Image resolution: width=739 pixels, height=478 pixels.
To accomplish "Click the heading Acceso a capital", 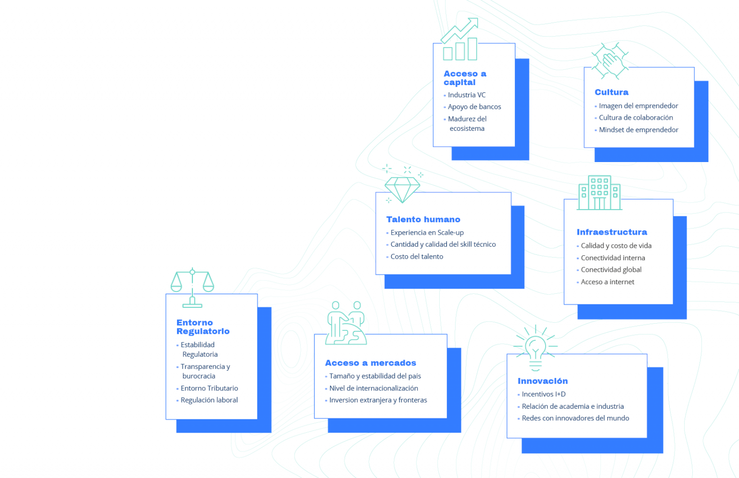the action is [x=465, y=78].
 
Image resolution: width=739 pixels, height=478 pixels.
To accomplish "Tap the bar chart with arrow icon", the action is [x=460, y=39].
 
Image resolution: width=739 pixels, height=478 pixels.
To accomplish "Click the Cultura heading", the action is [x=612, y=92].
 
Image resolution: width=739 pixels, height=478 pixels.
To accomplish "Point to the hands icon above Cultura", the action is [x=610, y=61].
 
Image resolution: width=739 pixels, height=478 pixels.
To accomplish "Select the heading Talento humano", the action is [x=423, y=219].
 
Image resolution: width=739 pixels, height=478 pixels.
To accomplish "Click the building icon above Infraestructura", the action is [x=599, y=193].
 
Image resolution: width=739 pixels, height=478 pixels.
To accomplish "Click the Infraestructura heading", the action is [x=612, y=232].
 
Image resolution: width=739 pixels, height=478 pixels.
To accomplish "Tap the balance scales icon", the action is [x=192, y=288].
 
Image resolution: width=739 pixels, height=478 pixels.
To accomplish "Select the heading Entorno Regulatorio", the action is [x=203, y=327].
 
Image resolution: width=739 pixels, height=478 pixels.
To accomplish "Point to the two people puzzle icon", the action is [x=346, y=323].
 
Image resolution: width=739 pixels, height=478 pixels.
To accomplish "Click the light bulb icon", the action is [x=535, y=348].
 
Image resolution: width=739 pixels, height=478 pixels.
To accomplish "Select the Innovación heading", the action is [x=543, y=381].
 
